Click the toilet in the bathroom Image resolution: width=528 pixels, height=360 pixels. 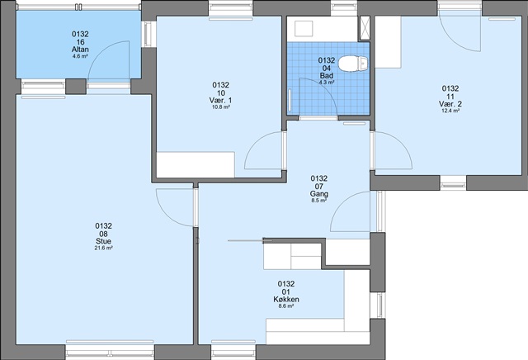pos(353,64)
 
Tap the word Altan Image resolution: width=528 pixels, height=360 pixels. pos(80,50)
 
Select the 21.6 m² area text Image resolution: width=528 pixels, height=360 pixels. pos(103,248)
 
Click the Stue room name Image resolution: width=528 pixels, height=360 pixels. pos(103,241)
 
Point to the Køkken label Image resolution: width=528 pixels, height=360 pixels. pos(286,299)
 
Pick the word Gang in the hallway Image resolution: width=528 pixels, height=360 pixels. pos(319,194)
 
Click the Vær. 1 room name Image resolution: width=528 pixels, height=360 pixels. pos(220,100)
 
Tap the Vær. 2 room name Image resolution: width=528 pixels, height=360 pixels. pos(450,104)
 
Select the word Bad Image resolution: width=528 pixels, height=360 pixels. pos(327,75)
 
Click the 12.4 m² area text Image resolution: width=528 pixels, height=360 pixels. pos(450,111)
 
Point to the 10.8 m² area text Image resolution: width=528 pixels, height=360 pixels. pos(221,107)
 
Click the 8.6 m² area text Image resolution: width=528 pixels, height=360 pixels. pos(286,306)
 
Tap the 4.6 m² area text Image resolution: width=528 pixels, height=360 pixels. pos(80,56)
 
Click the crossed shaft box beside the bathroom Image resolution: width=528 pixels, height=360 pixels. pos(365,28)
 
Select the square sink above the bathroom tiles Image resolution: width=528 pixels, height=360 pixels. pos(304,28)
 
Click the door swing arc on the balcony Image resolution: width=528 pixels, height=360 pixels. pos(101,50)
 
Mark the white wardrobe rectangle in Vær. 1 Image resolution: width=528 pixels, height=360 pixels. pos(196,164)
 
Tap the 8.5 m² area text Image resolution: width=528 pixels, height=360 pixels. pos(319,201)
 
